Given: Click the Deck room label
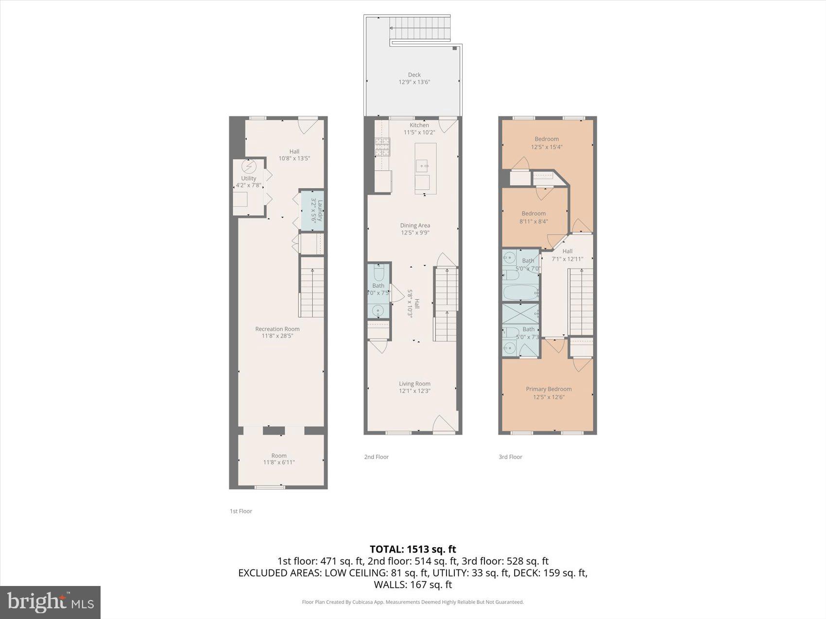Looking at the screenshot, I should [x=414, y=75].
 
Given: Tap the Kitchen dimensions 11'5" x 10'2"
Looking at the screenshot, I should [x=419, y=132].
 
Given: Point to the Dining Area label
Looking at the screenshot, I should [x=415, y=225].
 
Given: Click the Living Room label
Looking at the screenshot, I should [x=414, y=384].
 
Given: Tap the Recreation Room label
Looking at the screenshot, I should [x=277, y=329].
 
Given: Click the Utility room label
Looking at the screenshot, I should [x=248, y=178].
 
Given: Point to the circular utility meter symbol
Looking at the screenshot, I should [x=248, y=167].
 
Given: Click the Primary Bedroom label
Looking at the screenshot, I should [x=548, y=389].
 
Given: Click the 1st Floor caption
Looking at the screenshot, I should [x=241, y=511].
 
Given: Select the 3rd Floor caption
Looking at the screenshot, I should [x=510, y=457].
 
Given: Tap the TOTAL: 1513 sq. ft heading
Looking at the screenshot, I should [x=413, y=549].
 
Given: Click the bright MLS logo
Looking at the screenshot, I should [x=50, y=602].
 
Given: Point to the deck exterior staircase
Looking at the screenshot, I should [x=421, y=29].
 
